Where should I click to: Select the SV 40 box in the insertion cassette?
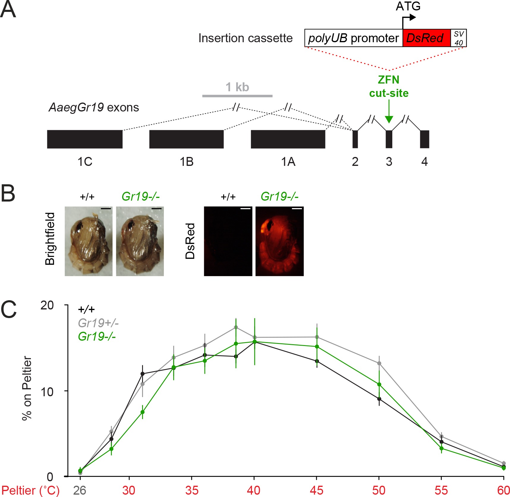459,38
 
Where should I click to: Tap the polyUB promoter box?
353,38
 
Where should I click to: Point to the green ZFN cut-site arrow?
389,111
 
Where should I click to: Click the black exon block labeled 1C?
85,139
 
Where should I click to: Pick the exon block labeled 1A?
288,139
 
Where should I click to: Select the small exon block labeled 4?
424,139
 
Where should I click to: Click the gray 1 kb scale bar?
237,96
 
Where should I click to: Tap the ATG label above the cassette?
408,6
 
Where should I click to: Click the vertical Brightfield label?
50,239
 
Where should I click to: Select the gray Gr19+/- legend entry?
98,323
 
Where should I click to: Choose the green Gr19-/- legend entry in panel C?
97,336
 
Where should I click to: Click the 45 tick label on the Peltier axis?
316,490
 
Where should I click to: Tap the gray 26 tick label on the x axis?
80,490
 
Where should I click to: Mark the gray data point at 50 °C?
379,363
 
